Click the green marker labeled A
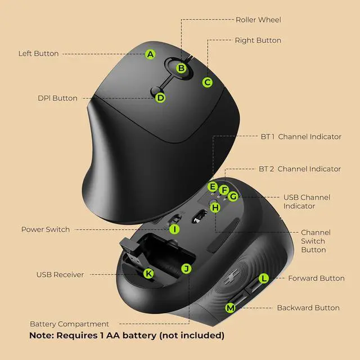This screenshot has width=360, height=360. [150, 55]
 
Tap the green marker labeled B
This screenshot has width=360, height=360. [181, 68]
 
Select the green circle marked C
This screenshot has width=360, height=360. [208, 82]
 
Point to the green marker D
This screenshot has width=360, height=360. [160, 97]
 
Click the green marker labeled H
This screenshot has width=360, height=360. [215, 208]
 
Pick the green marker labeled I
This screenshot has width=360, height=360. [174, 229]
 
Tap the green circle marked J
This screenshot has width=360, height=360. [186, 268]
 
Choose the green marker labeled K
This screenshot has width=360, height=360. [148, 274]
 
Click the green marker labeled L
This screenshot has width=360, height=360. [264, 278]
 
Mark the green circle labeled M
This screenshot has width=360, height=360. [230, 308]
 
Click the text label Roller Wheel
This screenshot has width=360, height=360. [258, 20]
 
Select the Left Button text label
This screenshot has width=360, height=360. [38, 54]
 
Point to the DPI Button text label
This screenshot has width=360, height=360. [57, 98]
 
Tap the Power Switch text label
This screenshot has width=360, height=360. [46, 229]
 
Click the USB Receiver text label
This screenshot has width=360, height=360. [60, 274]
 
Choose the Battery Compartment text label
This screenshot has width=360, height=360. [69, 324]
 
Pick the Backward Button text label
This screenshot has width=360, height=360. [308, 308]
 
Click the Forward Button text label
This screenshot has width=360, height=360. [316, 278]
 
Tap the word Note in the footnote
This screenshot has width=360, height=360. [42, 336]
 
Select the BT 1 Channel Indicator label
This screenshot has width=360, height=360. [301, 137]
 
